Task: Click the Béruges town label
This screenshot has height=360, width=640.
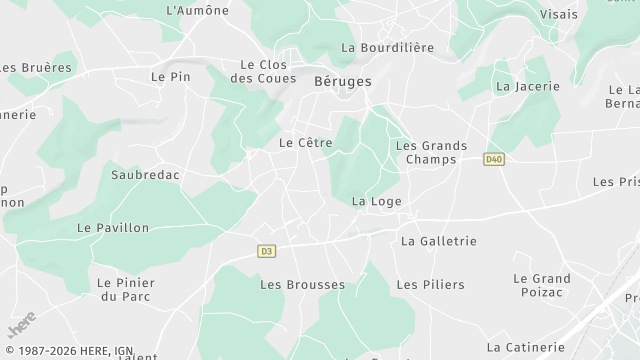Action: click(342, 81)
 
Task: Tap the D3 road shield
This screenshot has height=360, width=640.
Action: click(266, 251)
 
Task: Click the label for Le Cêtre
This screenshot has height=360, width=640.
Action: click(305, 143)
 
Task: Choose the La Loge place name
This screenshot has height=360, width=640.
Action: click(377, 201)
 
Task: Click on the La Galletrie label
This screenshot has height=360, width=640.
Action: click(438, 241)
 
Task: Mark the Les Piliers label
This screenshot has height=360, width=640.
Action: click(430, 285)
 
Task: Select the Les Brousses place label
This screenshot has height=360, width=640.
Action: click(302, 285)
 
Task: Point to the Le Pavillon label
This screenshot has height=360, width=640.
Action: click(113, 228)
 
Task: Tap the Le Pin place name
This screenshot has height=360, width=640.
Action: click(170, 76)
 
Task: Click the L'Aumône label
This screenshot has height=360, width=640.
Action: click(197, 11)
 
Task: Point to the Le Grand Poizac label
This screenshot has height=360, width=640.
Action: click(542, 285)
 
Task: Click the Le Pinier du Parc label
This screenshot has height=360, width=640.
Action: click(126, 289)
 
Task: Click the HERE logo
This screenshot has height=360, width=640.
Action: click(22, 327)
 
